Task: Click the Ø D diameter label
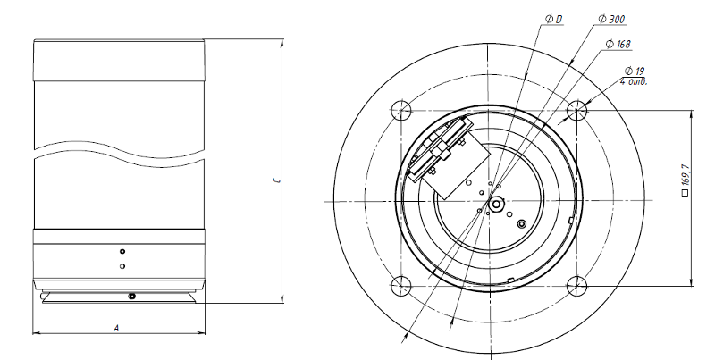pos(553,19)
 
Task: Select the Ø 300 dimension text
pos(611,19)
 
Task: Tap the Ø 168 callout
pos(618,44)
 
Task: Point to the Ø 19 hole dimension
pos(635,71)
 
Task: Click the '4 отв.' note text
pos(634,82)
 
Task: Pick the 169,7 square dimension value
pos(685,175)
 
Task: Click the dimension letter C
pos(277,180)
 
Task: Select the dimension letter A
pos(116,327)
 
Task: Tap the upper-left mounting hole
pos(401,110)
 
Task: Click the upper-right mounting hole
pos(576,110)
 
